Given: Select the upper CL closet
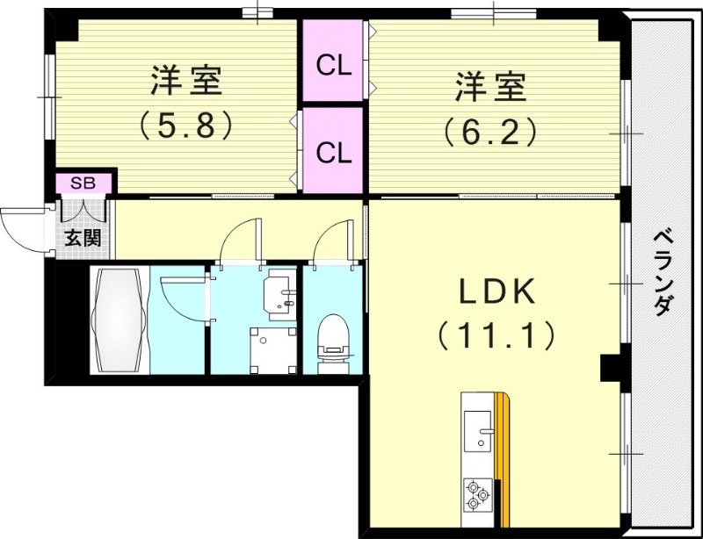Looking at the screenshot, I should [334, 64].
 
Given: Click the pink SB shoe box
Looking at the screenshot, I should [84, 183].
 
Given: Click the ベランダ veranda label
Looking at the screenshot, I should [664, 272].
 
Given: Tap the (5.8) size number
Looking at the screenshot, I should [186, 126].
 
